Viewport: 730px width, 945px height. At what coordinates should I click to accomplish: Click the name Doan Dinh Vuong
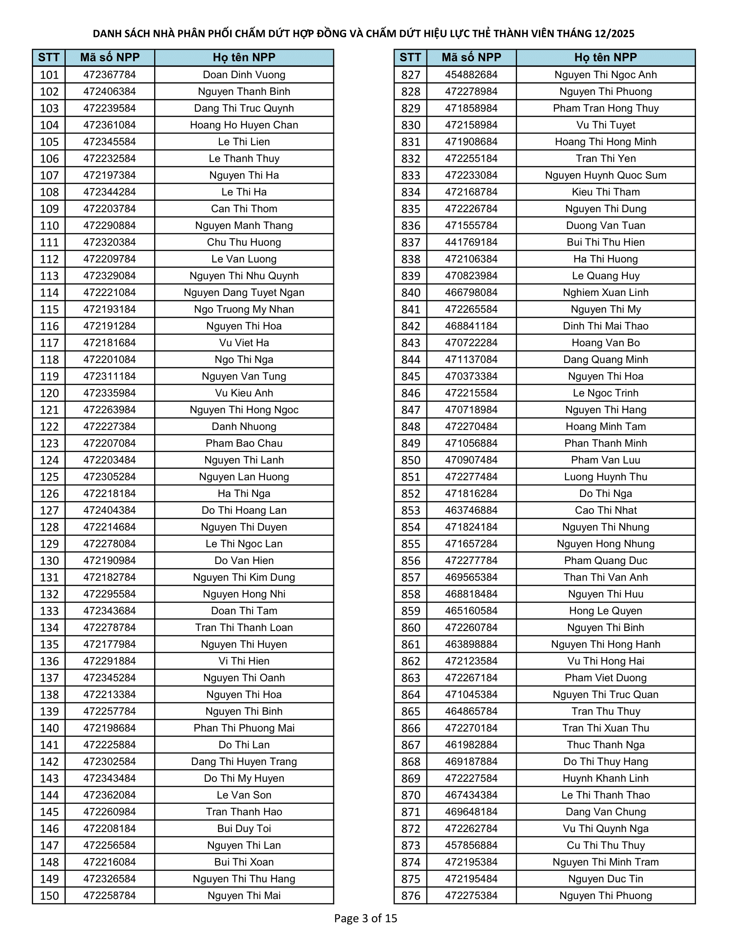click(244, 75)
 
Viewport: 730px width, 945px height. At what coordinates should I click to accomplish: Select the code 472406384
click(109, 92)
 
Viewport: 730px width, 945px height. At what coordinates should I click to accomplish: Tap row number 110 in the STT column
click(49, 226)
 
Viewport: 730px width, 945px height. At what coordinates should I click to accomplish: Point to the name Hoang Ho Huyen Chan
click(244, 125)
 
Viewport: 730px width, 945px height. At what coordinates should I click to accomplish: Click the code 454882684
click(471, 75)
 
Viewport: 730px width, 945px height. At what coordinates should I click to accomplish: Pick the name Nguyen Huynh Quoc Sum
click(605, 175)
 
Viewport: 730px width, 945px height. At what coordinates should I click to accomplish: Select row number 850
click(411, 460)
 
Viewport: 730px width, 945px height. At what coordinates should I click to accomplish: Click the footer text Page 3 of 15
click(365, 918)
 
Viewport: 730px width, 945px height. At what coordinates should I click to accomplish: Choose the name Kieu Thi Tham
click(605, 192)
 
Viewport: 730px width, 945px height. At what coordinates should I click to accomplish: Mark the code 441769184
click(471, 242)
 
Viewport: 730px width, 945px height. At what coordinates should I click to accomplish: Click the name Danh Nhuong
click(244, 427)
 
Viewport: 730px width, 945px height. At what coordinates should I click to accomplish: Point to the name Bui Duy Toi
click(244, 829)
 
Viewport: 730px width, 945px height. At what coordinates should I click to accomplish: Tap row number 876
click(411, 896)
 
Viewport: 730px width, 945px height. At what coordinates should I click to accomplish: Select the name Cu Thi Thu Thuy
click(605, 845)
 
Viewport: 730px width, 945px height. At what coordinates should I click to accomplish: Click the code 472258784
click(109, 896)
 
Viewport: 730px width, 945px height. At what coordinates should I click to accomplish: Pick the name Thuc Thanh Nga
click(605, 745)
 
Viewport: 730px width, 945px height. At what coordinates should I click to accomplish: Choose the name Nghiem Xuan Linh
click(605, 293)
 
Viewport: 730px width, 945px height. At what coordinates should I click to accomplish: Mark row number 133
click(49, 611)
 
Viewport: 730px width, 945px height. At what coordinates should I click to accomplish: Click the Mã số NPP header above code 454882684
click(471, 58)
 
